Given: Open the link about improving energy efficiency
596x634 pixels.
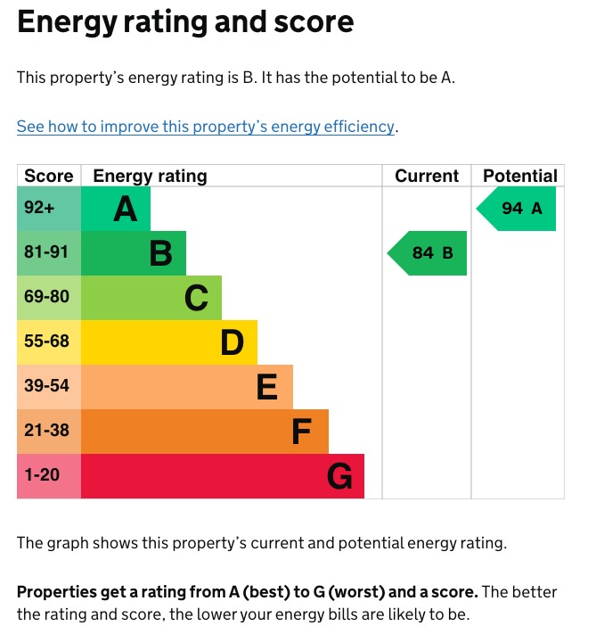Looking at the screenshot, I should coord(205,127).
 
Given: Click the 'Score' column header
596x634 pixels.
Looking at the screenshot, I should coord(49,176).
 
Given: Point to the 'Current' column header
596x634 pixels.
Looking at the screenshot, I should coord(427,176).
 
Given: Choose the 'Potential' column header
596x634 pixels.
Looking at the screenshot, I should coord(519,176).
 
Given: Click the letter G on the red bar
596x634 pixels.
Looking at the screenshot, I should coord(339,477).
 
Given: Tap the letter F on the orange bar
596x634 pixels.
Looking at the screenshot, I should coord(302,432).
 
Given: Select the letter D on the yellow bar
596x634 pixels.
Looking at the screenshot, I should coord(232,343).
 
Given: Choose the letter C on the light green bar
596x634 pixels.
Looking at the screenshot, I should coord(196,299).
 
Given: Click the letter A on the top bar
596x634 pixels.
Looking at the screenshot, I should coord(126,210).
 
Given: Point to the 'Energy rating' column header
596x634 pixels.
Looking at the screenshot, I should coord(150,176).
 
